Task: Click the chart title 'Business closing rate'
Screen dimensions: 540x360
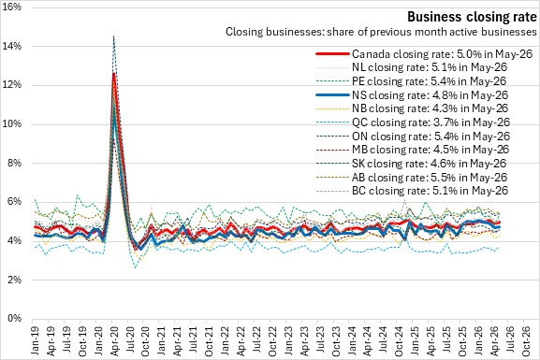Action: pos(472,16)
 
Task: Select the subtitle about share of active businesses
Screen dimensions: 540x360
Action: pos(381,32)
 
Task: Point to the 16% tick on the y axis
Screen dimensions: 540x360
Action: pos(12,7)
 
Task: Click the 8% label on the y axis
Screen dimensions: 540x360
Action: pos(14,163)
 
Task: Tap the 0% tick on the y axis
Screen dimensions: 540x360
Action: pos(14,318)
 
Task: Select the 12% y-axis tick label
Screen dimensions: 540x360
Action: pos(12,85)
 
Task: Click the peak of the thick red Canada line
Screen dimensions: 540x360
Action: pos(113,73)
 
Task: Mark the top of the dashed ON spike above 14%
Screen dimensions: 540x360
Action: pos(113,36)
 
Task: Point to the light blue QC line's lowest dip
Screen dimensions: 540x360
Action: pos(136,267)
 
